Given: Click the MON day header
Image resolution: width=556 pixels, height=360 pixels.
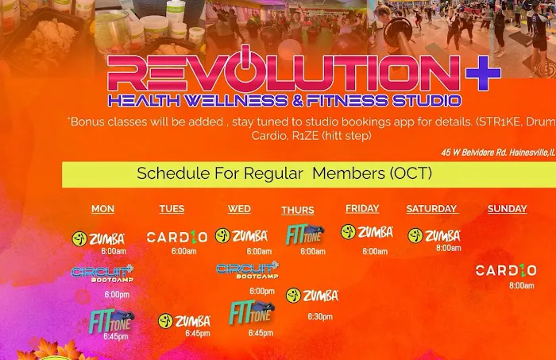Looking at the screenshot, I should pos(102,209).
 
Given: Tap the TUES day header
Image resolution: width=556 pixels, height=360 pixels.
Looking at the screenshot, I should pos(172,209).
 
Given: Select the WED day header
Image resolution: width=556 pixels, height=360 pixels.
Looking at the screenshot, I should pos(239,209).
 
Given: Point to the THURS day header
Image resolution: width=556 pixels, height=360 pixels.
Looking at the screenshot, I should pos(298,211).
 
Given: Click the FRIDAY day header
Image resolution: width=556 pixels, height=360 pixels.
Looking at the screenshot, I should pos(362,208).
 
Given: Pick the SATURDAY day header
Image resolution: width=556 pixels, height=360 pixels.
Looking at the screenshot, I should pos(431,209).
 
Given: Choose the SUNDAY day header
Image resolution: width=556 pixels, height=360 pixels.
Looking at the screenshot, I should pos(507,209).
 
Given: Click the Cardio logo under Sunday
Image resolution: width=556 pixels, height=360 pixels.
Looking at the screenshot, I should pos(506,270).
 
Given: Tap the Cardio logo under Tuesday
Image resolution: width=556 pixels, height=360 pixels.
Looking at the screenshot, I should pos(177,237).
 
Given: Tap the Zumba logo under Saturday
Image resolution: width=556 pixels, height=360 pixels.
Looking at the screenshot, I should pos(434,236).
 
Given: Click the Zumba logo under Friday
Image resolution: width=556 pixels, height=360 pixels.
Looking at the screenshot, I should pos(367,232).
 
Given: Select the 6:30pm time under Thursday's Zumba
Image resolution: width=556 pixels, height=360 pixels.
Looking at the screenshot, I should pos(320,316).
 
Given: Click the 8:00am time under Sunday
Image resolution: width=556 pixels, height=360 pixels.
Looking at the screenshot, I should pos(521,285).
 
